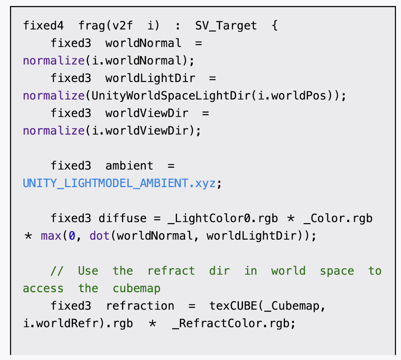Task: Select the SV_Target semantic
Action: (226, 26)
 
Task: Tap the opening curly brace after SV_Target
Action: (274, 26)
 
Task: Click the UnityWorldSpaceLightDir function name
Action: (170, 96)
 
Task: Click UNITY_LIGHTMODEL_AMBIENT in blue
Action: (104, 183)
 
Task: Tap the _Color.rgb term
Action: (338, 218)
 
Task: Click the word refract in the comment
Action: (171, 271)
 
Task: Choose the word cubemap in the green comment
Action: (137, 289)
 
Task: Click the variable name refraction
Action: (140, 306)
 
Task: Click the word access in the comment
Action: (43, 289)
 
